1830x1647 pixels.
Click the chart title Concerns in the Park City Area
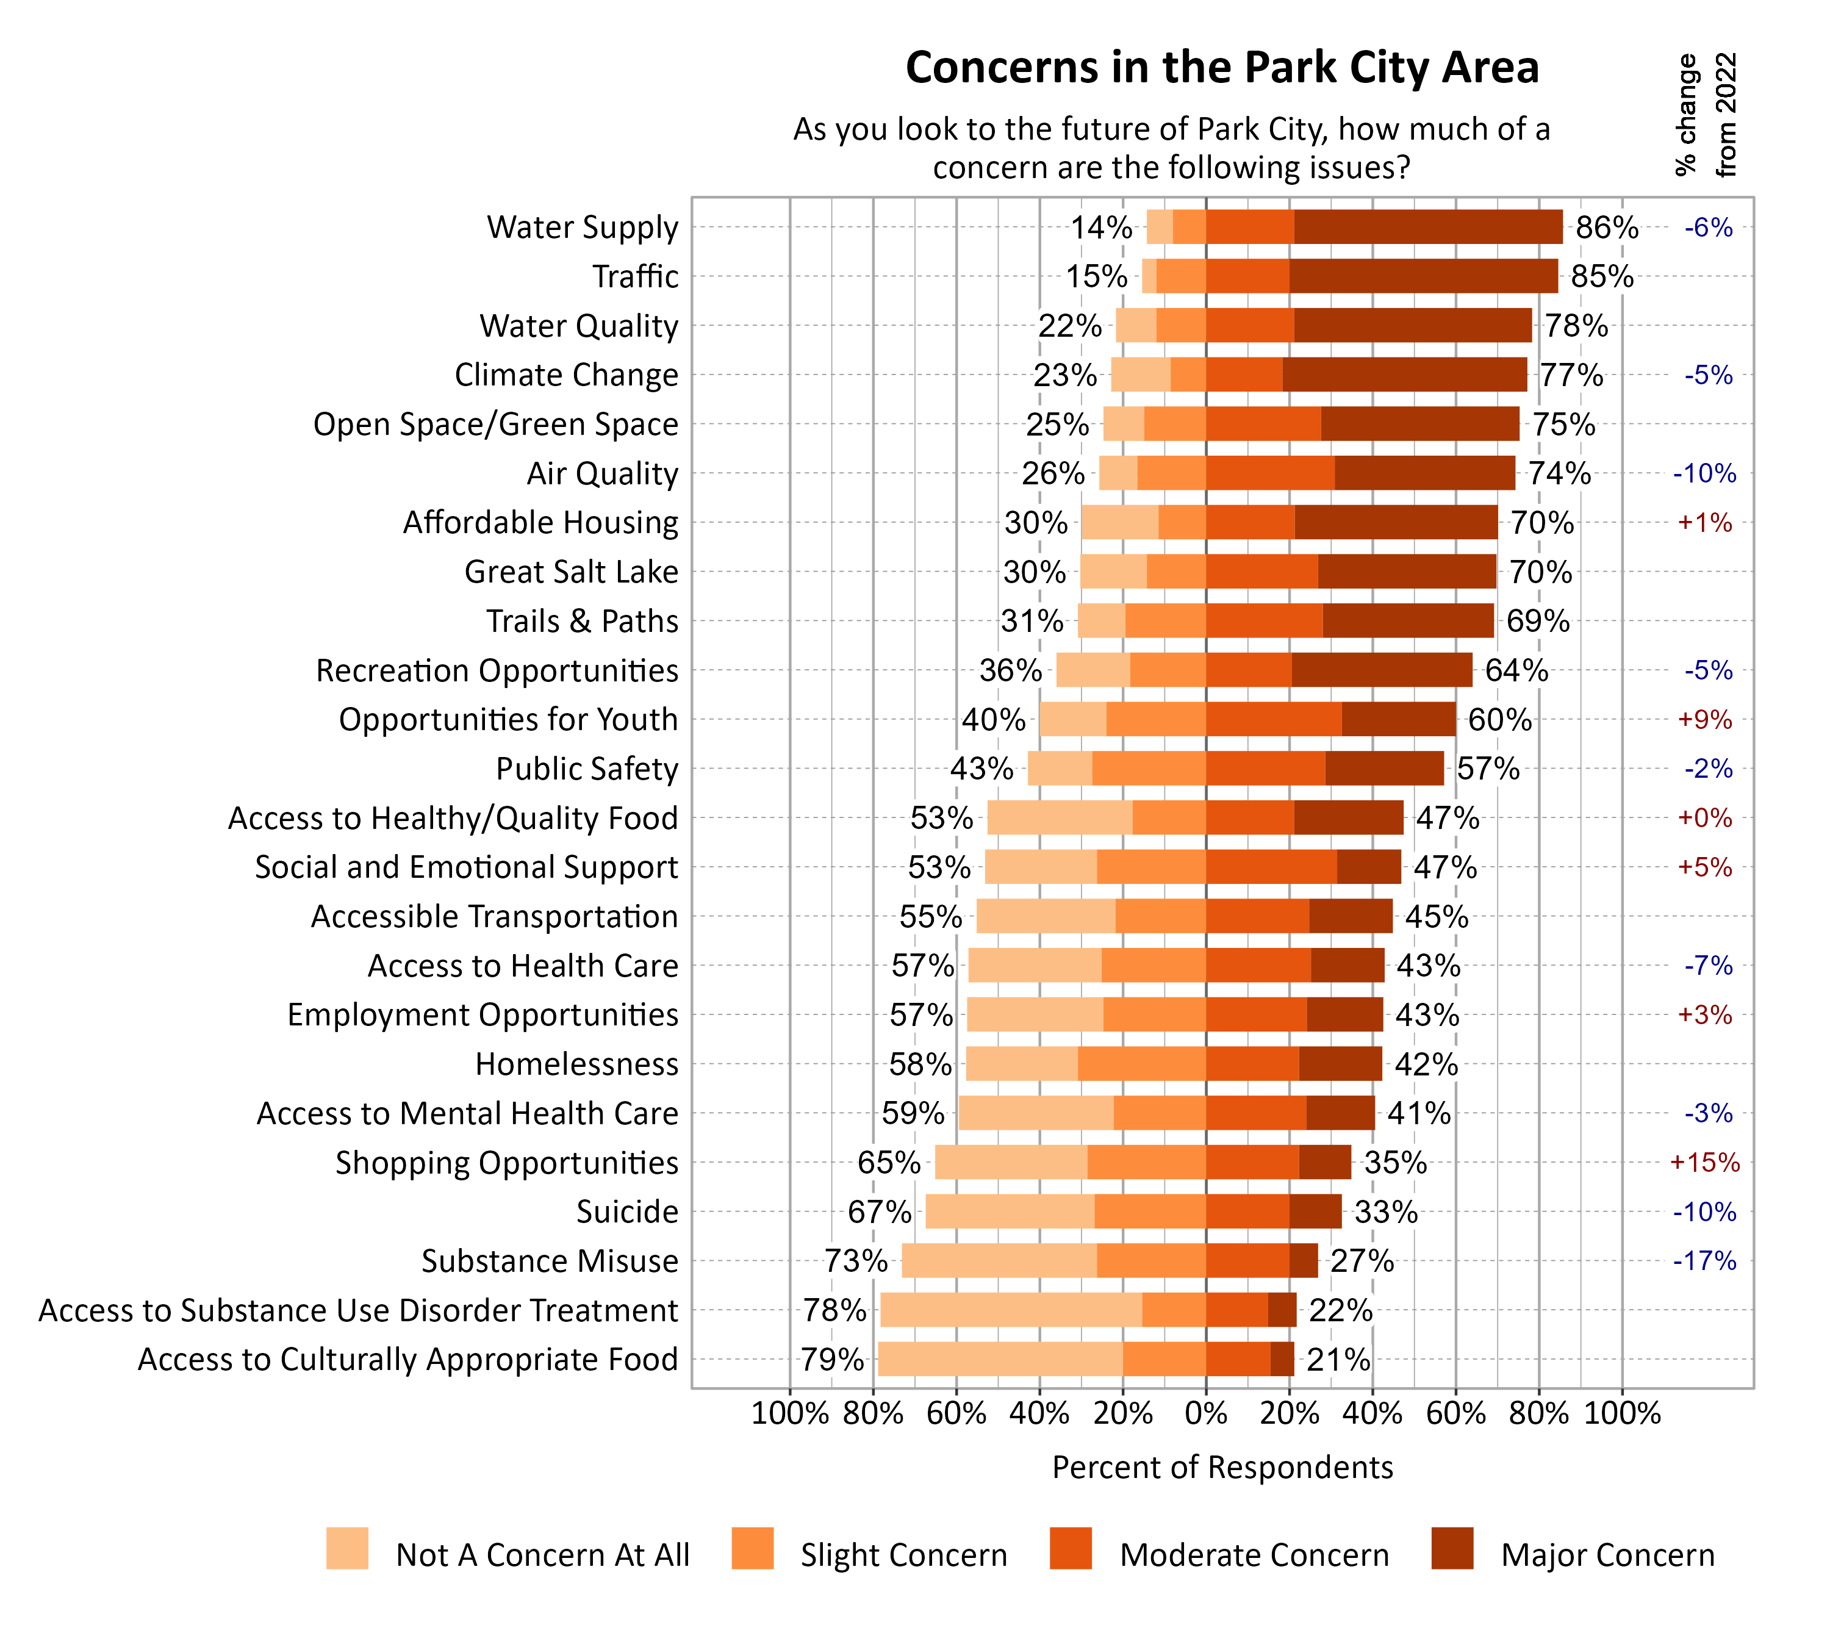(x=1222, y=68)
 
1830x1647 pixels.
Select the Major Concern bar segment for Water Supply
(x=1427, y=227)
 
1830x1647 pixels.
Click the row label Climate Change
(x=565, y=375)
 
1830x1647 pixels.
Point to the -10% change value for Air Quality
(x=1704, y=473)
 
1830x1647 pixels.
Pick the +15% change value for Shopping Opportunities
(x=1704, y=1163)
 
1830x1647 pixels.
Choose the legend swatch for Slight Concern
(x=752, y=1548)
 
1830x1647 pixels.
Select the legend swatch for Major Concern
(x=1452, y=1548)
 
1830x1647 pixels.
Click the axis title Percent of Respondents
(x=1222, y=1467)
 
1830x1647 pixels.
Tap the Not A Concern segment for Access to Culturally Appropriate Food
(x=1000, y=1359)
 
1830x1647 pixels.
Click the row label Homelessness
(x=576, y=1064)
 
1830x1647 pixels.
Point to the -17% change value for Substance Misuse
(x=1704, y=1261)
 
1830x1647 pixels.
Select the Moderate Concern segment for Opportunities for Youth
(x=1274, y=719)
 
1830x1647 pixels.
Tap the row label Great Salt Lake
(x=571, y=572)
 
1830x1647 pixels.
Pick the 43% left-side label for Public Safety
(x=981, y=769)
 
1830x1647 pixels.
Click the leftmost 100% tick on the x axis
(x=789, y=1413)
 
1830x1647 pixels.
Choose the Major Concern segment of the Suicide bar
(x=1315, y=1211)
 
